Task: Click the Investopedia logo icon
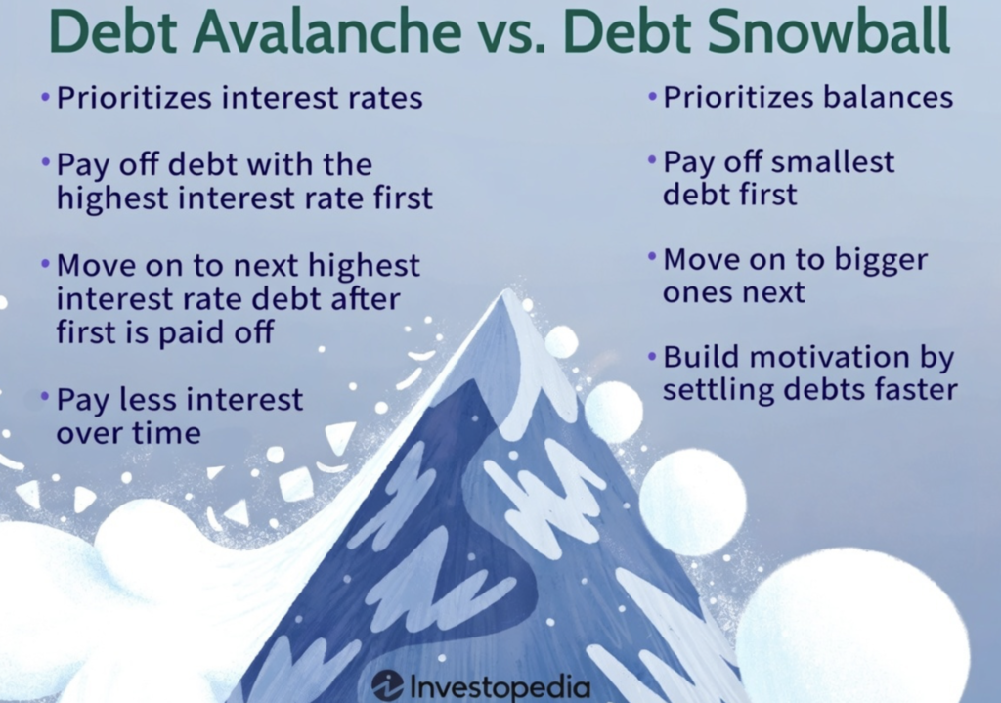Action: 387,685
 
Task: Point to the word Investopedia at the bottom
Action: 500,686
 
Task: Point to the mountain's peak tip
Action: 507,291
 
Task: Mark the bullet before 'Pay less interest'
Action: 45,398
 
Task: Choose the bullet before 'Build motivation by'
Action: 652,355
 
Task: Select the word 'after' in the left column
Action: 366,298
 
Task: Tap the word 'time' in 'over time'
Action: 168,433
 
